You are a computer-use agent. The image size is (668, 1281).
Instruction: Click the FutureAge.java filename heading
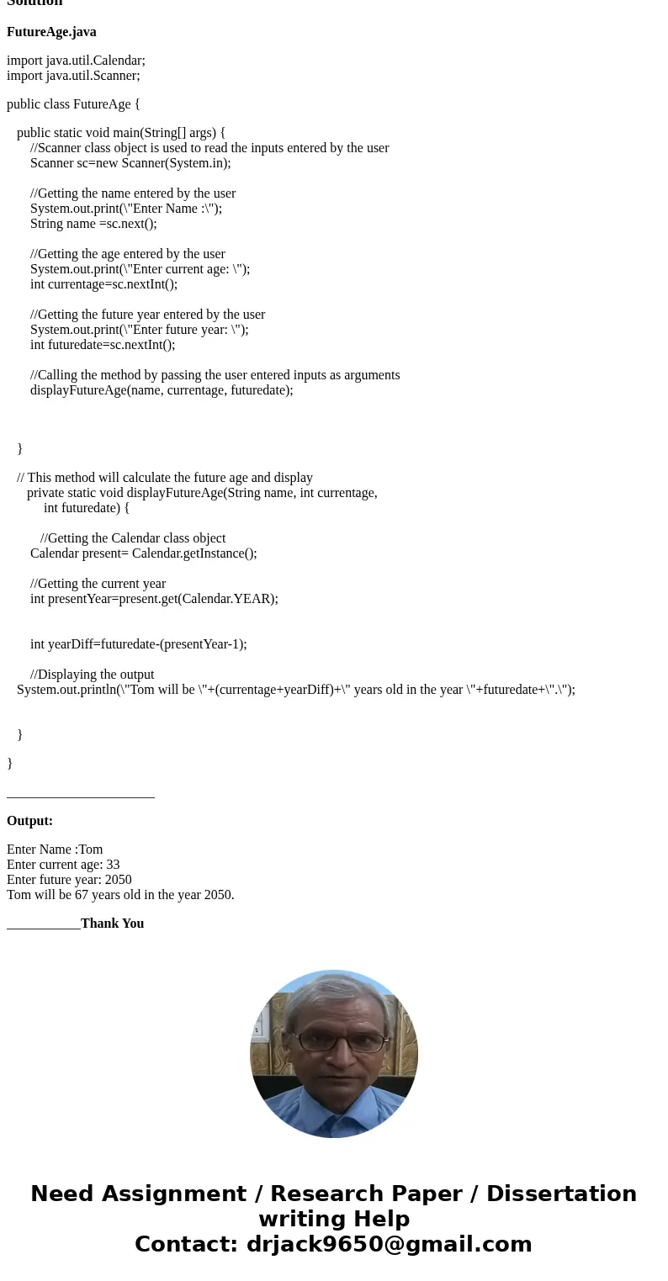click(x=51, y=32)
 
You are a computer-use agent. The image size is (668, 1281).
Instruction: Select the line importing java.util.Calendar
click(x=76, y=61)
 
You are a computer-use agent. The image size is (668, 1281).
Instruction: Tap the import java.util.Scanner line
click(x=73, y=76)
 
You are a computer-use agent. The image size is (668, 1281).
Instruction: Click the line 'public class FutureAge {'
click(x=73, y=104)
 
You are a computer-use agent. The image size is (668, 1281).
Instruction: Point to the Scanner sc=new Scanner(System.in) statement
click(x=130, y=163)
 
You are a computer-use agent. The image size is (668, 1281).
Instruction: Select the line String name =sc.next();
click(x=93, y=224)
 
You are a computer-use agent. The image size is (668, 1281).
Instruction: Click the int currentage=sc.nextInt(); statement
click(x=103, y=284)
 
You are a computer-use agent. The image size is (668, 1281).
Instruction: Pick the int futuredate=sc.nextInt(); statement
click(x=103, y=345)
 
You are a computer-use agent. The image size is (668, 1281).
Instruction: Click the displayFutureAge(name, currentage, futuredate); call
click(x=162, y=390)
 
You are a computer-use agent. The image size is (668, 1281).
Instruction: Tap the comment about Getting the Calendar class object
click(x=133, y=538)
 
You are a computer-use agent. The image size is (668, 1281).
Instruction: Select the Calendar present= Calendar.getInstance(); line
click(x=143, y=553)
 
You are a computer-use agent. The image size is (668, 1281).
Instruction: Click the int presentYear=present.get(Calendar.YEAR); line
click(x=154, y=599)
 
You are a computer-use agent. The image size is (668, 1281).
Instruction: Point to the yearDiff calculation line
click(x=139, y=644)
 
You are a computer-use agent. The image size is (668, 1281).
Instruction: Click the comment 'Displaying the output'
click(x=93, y=675)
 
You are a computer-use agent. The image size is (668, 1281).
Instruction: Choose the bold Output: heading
click(x=29, y=821)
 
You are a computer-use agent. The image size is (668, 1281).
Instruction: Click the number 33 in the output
click(x=113, y=865)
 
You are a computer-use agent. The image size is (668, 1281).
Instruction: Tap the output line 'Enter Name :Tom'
click(x=55, y=850)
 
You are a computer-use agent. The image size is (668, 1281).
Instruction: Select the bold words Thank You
click(x=112, y=924)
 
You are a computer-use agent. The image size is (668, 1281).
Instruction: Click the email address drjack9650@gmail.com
click(x=389, y=1244)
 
